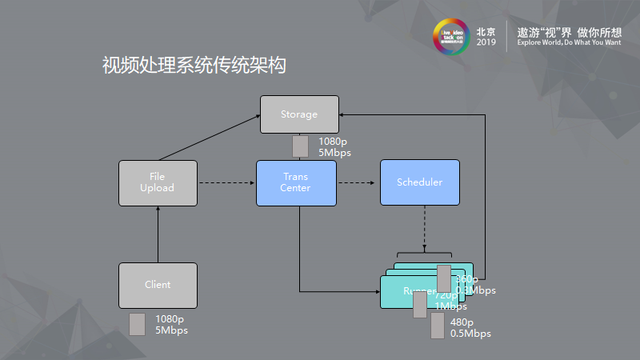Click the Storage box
299,114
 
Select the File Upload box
158,182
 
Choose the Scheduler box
419,182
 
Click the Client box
158,285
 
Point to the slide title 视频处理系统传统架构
194,66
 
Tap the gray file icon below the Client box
137,324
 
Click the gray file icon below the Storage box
300,146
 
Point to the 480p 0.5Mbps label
470,328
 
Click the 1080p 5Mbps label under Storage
334,147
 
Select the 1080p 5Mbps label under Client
171,324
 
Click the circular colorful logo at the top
450,37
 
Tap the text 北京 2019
486,37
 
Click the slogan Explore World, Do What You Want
569,42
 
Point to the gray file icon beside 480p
438,326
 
